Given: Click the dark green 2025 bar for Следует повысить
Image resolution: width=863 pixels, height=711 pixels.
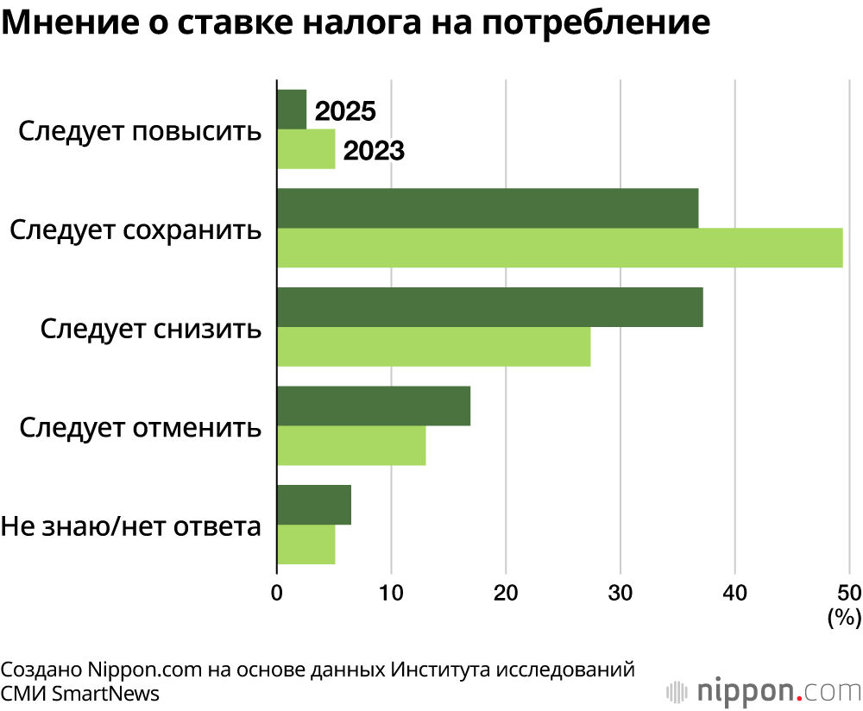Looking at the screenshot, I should pyautogui.click(x=292, y=110).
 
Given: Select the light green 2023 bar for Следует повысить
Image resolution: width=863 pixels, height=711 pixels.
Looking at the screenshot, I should pyautogui.click(x=306, y=149).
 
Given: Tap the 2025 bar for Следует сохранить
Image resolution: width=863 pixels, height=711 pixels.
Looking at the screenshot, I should pyautogui.click(x=487, y=208).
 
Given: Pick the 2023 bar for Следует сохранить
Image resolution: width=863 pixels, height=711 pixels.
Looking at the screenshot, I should pyautogui.click(x=559, y=248).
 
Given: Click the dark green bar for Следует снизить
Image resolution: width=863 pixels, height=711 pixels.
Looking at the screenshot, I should pyautogui.click(x=489, y=306).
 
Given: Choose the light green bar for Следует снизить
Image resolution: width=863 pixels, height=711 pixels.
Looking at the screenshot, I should pyautogui.click(x=433, y=346).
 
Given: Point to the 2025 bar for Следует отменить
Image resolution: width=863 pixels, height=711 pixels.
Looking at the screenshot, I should pyautogui.click(x=373, y=406).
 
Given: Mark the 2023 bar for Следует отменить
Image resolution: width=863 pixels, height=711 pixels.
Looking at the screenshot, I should pyautogui.click(x=350, y=445).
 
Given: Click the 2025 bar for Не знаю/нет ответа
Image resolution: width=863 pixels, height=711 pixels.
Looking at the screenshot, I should pyautogui.click(x=313, y=505).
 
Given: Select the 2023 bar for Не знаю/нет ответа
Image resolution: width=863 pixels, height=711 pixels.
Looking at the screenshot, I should pyautogui.click(x=306, y=544).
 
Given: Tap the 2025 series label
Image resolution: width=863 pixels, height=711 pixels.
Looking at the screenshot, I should pyautogui.click(x=345, y=112).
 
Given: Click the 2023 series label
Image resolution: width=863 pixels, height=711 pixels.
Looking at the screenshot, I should pyautogui.click(x=374, y=151).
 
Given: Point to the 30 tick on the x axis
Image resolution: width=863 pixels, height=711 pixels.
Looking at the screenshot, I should pyautogui.click(x=620, y=593).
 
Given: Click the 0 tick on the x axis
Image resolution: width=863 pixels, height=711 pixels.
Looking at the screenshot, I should pyautogui.click(x=276, y=593).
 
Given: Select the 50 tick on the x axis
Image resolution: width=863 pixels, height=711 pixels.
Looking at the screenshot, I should pyautogui.click(x=848, y=593).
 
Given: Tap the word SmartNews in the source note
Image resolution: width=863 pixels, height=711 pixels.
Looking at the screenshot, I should pyautogui.click(x=106, y=692).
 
